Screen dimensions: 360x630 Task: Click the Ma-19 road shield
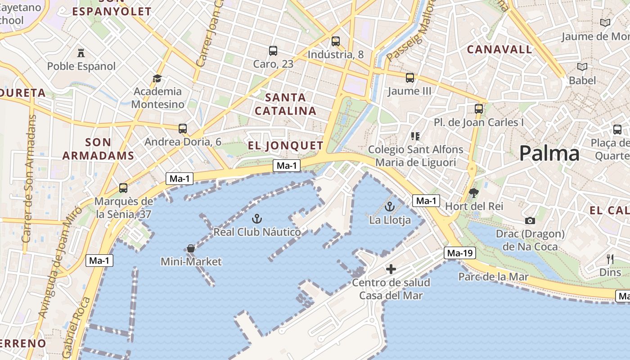pyautogui.click(x=459, y=253)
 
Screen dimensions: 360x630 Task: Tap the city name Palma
pyautogui.click(x=549, y=154)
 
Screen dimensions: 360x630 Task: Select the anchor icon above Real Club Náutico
pyautogui.click(x=256, y=219)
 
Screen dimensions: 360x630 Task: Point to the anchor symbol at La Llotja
pyautogui.click(x=390, y=207)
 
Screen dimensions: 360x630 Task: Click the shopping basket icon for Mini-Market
pyautogui.click(x=191, y=248)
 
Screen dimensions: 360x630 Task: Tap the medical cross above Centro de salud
pyautogui.click(x=391, y=269)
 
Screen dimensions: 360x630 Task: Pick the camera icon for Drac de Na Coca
pyautogui.click(x=530, y=220)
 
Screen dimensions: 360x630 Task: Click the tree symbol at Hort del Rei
pyautogui.click(x=473, y=193)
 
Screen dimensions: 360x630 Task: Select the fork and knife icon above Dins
pyautogui.click(x=610, y=259)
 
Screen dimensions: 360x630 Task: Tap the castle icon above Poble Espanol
pyautogui.click(x=81, y=53)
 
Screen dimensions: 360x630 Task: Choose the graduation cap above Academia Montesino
pyautogui.click(x=157, y=79)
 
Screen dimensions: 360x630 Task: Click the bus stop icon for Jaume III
pyautogui.click(x=409, y=78)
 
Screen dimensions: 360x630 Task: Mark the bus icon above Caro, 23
pyautogui.click(x=273, y=51)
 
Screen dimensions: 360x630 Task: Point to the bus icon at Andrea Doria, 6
pyautogui.click(x=182, y=129)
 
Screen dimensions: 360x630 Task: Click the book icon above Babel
pyautogui.click(x=582, y=67)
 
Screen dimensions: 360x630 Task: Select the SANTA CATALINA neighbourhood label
pyautogui.click(x=286, y=104)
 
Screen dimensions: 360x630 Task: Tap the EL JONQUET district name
pyautogui.click(x=286, y=145)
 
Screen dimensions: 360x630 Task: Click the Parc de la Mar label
pyautogui.click(x=493, y=277)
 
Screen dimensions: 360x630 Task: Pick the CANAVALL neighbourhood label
pyautogui.click(x=499, y=49)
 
